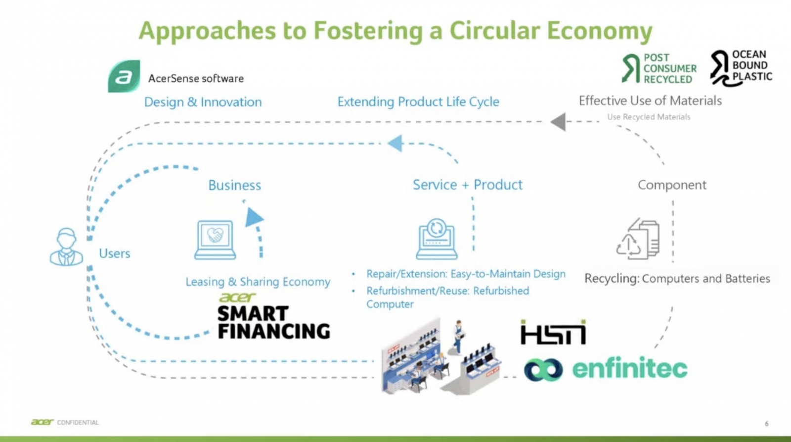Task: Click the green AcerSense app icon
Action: tap(124, 77)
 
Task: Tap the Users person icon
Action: tap(66, 247)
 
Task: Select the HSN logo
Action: tap(553, 333)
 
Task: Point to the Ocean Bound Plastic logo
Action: tap(741, 67)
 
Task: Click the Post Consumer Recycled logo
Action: tap(659, 68)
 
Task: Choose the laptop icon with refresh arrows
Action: tap(437, 239)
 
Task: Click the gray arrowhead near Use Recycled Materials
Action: tap(558, 122)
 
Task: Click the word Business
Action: tap(234, 185)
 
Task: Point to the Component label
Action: tap(672, 185)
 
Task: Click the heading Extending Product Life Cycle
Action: tap(418, 102)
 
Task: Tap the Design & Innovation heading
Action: tap(203, 102)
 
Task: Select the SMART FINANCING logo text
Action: tap(273, 322)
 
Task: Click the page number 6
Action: tap(767, 424)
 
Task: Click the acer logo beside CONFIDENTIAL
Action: tap(43, 422)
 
